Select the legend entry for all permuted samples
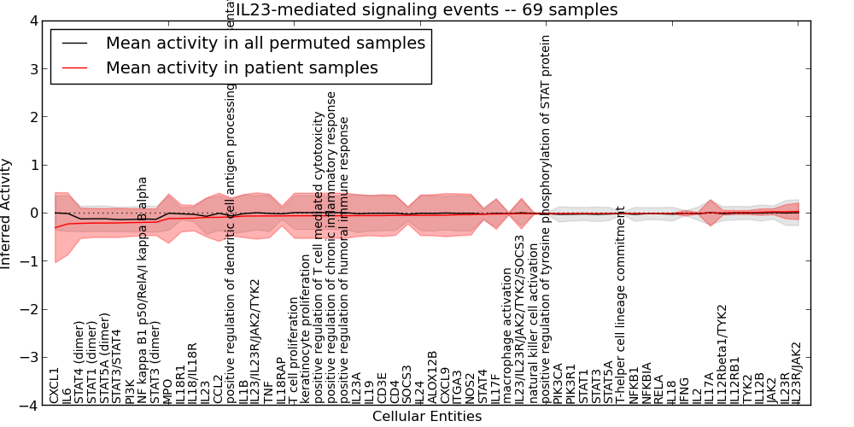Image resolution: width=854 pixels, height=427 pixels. coord(265,43)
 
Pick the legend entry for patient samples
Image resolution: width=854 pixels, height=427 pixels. coord(242,67)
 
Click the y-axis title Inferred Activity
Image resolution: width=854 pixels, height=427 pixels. coord(8,213)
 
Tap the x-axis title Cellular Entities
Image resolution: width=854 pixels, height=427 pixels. coord(426,417)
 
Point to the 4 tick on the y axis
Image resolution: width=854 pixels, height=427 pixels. coord(33,20)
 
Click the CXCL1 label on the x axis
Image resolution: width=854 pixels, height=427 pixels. coord(55,385)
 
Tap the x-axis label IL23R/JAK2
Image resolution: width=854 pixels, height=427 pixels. coord(797,372)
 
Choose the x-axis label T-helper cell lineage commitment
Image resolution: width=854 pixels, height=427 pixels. coord(621,305)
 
